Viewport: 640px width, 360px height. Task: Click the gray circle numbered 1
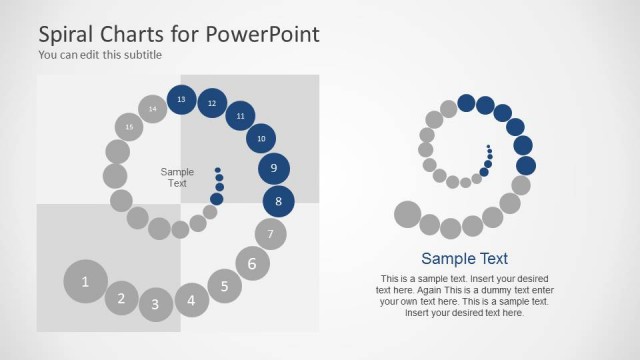pos(86,281)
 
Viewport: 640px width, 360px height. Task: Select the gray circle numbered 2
pos(122,297)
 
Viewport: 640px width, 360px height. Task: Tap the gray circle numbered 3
pos(156,304)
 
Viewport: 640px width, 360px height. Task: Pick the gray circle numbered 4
pos(192,298)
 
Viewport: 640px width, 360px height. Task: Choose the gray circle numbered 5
pos(225,286)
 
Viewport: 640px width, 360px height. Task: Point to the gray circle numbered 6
pos(252,264)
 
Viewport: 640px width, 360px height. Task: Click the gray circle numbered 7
pos(270,235)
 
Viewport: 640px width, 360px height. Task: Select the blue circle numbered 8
pos(279,202)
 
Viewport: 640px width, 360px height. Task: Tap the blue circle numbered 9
pos(274,169)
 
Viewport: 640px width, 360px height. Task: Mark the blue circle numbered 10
pos(261,138)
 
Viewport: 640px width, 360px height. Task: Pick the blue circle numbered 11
pos(240,116)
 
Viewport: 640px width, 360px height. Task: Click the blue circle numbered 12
pos(212,103)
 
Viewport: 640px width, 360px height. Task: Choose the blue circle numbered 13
pos(181,100)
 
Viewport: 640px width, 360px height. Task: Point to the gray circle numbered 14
pos(153,108)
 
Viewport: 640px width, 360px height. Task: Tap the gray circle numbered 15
pos(129,127)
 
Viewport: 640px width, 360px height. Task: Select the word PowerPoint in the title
pos(262,34)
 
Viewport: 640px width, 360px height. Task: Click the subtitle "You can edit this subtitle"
pos(100,55)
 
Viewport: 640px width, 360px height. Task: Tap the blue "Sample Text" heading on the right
pos(464,258)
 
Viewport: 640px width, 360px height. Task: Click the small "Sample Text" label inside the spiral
pos(177,177)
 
